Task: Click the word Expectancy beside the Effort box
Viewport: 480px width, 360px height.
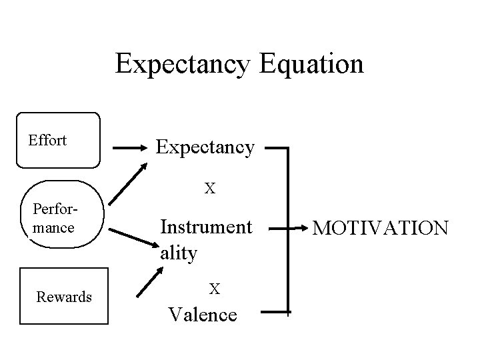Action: click(205, 147)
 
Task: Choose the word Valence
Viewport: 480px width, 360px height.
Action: click(203, 313)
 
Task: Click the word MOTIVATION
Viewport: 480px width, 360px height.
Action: click(381, 229)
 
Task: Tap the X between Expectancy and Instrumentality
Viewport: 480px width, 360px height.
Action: click(209, 189)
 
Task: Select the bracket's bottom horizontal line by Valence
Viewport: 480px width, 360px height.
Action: click(275, 311)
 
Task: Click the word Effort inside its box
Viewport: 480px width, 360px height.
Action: click(47, 140)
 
